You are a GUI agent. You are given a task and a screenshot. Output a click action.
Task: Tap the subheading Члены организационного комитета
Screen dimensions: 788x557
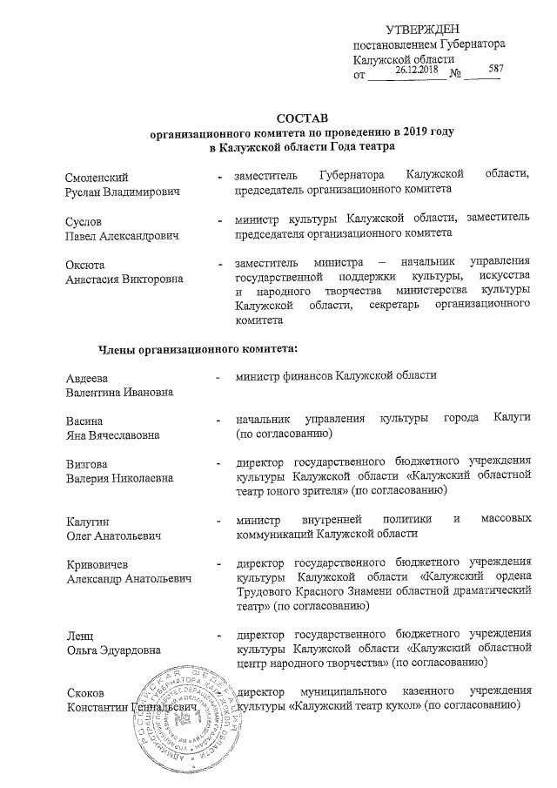point(198,350)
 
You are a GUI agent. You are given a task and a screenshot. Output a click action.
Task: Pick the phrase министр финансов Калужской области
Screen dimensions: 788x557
point(336,375)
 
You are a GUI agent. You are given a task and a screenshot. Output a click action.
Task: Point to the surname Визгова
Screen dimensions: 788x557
point(87,462)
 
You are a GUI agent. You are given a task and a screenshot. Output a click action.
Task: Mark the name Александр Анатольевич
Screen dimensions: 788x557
point(129,578)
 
